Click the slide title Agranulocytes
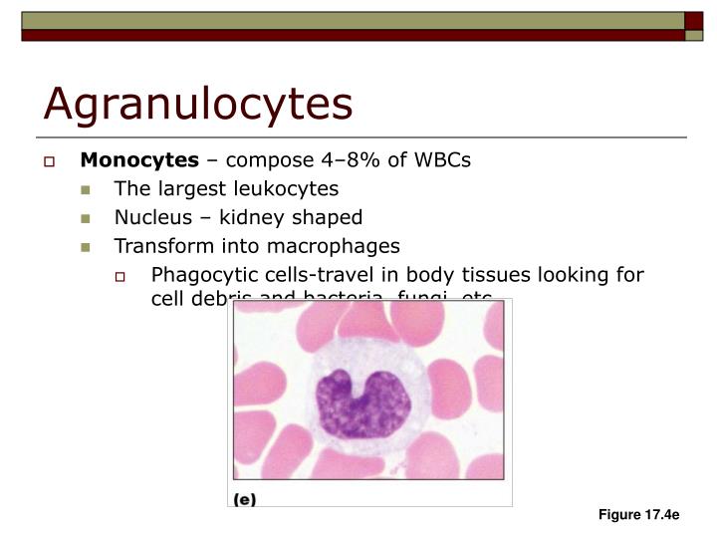[197, 104]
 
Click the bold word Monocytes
[140, 160]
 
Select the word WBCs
[442, 160]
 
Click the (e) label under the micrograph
[245, 500]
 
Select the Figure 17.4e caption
[638, 515]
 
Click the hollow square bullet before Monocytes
[61, 161]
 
